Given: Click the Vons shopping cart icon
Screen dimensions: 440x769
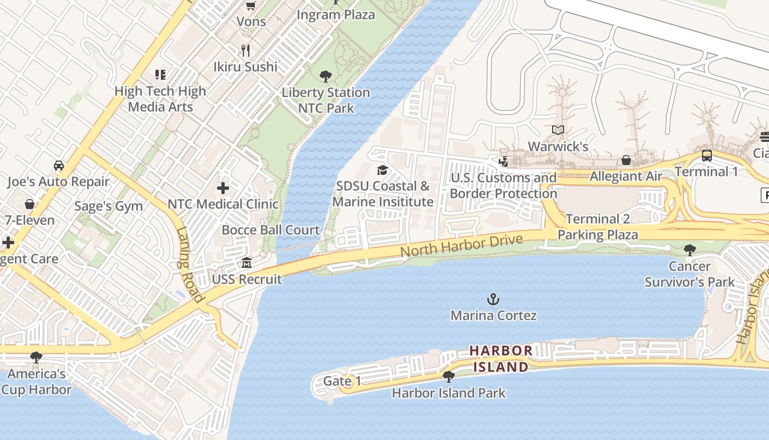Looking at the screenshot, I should pyautogui.click(x=250, y=6).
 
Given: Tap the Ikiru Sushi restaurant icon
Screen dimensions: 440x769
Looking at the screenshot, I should pyautogui.click(x=246, y=51).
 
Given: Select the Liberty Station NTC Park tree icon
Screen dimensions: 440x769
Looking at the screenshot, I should pyautogui.click(x=326, y=76).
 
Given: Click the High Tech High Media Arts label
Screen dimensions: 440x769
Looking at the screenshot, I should pyautogui.click(x=160, y=98).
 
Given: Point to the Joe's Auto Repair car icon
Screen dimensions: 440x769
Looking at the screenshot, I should pyautogui.click(x=58, y=166).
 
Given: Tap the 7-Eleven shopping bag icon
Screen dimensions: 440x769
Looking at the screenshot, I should pyautogui.click(x=30, y=205).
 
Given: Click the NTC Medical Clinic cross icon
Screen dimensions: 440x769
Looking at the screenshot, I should pyautogui.click(x=222, y=189).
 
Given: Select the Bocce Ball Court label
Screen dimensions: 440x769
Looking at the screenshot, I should pyautogui.click(x=270, y=230).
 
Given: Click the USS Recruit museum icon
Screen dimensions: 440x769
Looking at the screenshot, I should pyautogui.click(x=247, y=263).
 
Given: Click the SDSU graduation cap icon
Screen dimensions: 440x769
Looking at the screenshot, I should pyautogui.click(x=382, y=170).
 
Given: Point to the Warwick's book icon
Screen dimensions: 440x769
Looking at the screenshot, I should pyautogui.click(x=558, y=130).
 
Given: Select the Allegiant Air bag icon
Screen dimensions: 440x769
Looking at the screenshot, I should pyautogui.click(x=626, y=161).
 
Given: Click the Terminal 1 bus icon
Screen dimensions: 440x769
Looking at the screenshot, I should pyautogui.click(x=706, y=156).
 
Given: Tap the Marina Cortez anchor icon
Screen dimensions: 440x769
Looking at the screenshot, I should pyautogui.click(x=493, y=299).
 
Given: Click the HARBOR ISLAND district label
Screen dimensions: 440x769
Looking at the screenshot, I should pyautogui.click(x=500, y=358).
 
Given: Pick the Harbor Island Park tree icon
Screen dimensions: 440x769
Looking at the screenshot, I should pyautogui.click(x=448, y=377).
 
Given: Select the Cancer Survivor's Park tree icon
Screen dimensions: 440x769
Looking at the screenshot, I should pyautogui.click(x=689, y=251).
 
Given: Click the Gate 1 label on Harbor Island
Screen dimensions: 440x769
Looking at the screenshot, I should pyautogui.click(x=342, y=381).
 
